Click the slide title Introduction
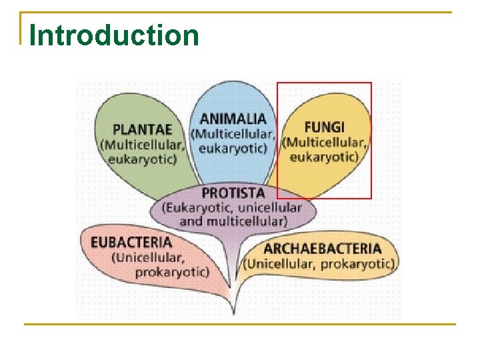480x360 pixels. click(114, 35)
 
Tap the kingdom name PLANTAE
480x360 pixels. click(142, 129)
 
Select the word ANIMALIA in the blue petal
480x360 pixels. click(233, 119)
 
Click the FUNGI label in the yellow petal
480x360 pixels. click(324, 127)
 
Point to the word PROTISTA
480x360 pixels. click(233, 193)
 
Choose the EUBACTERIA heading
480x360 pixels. click(131, 242)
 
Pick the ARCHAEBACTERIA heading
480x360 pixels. click(323, 249)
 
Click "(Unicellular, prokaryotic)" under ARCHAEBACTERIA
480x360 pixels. click(319, 263)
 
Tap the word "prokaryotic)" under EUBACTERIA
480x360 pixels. click(172, 272)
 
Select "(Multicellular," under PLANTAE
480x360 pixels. click(142, 144)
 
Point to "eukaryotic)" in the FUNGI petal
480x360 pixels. click(324, 157)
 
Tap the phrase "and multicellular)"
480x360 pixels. click(233, 221)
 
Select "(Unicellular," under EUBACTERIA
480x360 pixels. click(148, 257)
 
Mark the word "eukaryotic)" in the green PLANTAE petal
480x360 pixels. click(143, 159)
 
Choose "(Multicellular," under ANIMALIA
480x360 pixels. click(233, 133)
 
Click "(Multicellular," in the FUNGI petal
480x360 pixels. click(326, 142)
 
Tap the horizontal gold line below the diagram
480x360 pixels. click(239, 325)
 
